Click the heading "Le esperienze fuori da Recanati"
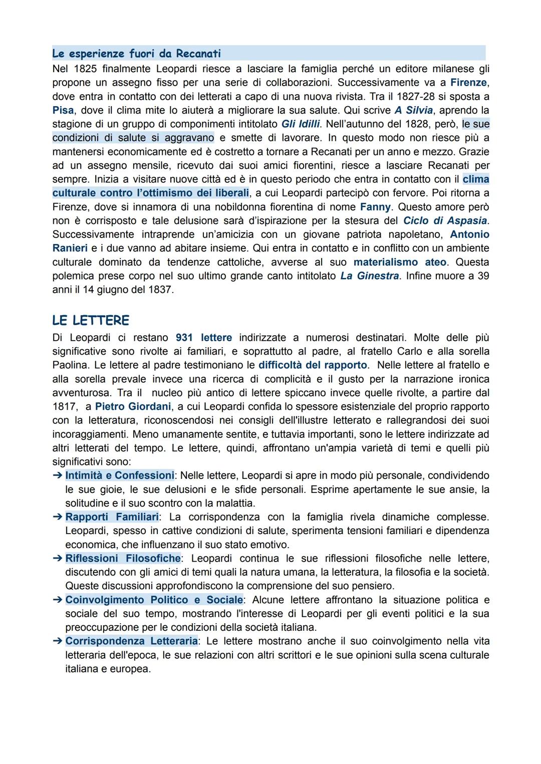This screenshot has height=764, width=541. tap(136, 54)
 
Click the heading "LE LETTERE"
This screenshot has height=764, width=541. tap(91, 320)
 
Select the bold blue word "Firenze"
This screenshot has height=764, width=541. tap(469, 82)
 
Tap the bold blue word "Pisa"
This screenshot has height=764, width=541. tap(63, 110)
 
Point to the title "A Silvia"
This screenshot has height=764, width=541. tap(413, 110)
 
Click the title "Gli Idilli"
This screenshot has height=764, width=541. tap(301, 124)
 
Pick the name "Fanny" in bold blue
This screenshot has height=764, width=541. tap(375, 206)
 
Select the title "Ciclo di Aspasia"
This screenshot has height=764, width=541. tap(445, 220)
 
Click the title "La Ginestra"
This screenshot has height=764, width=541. tap(370, 276)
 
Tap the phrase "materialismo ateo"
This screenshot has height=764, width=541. tap(400, 262)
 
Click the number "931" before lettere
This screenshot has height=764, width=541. tap(185, 338)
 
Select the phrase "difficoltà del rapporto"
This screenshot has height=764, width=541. tap(313, 365)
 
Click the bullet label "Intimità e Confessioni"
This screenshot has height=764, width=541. tap(120, 475)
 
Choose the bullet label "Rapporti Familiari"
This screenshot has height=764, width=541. tap(112, 517)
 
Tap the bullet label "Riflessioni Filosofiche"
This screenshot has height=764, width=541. tap(123, 558)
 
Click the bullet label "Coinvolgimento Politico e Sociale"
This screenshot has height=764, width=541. tap(154, 600)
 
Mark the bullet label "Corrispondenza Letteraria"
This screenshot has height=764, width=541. tap(131, 641)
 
